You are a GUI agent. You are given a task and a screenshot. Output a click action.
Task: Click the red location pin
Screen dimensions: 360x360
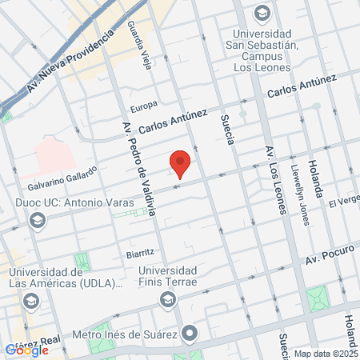pos(181,163)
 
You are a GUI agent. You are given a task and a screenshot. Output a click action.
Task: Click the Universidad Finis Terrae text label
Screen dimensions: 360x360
pos(167,276)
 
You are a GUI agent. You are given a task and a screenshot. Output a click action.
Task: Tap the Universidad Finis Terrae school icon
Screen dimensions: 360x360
pos(167,300)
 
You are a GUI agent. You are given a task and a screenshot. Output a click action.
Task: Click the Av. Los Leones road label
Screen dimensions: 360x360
pos(275,180)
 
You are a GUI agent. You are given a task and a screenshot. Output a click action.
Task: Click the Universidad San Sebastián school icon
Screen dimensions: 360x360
pos(262,13)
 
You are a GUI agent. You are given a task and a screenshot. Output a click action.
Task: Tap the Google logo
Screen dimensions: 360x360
pos(26,349)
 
